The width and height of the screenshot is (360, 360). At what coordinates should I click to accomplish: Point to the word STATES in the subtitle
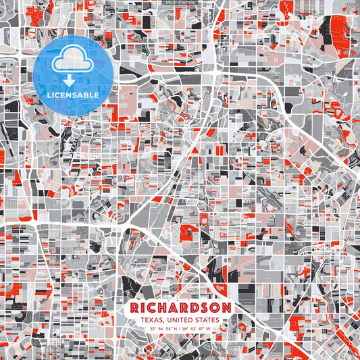point(208,320)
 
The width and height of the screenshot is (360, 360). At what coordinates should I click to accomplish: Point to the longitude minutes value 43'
point(194,329)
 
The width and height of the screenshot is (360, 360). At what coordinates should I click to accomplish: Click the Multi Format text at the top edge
point(179,3)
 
